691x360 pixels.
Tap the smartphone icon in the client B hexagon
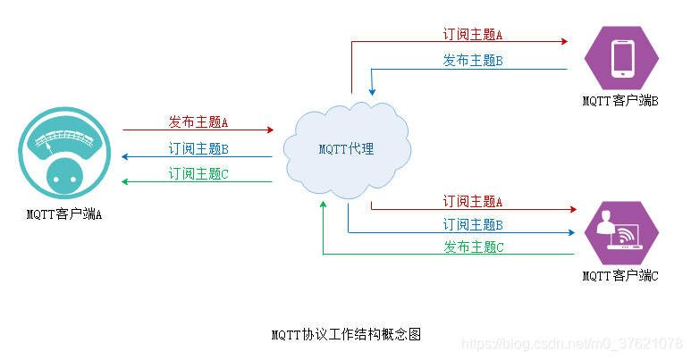(x=622, y=59)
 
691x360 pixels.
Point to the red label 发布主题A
(x=198, y=121)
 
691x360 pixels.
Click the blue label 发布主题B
(x=473, y=60)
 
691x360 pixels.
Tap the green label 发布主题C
(x=473, y=246)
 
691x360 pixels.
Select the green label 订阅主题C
(x=198, y=173)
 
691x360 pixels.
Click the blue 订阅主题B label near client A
(x=198, y=148)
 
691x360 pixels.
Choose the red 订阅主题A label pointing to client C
(x=473, y=202)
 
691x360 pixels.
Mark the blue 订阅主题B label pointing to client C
(x=473, y=224)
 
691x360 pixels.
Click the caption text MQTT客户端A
(x=63, y=213)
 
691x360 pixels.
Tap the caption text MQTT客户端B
(x=620, y=102)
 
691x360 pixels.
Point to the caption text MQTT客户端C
(x=620, y=276)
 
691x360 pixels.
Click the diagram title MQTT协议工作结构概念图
(x=345, y=335)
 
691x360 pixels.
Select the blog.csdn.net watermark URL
(x=572, y=343)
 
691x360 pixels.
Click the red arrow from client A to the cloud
(x=197, y=130)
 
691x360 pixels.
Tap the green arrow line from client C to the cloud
(x=447, y=255)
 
